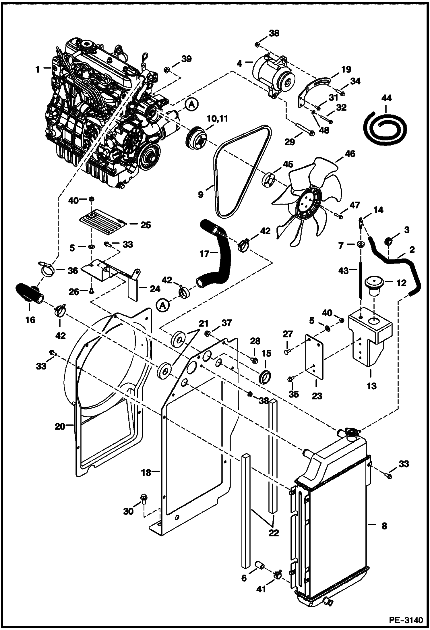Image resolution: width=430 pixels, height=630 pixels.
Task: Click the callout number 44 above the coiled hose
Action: (386, 98)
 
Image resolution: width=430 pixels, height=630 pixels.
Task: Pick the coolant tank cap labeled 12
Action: (375, 284)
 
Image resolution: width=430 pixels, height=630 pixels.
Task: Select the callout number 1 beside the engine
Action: (37, 69)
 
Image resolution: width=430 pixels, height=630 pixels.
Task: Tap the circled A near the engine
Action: (192, 105)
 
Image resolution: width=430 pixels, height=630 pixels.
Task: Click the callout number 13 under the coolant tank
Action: (371, 386)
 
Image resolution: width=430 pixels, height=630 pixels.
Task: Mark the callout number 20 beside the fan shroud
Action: (60, 427)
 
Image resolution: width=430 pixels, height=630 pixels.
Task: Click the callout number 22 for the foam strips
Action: (274, 533)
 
